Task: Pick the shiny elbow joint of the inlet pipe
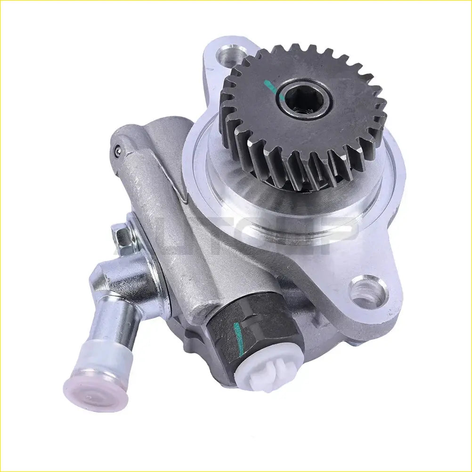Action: pos(118,278)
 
